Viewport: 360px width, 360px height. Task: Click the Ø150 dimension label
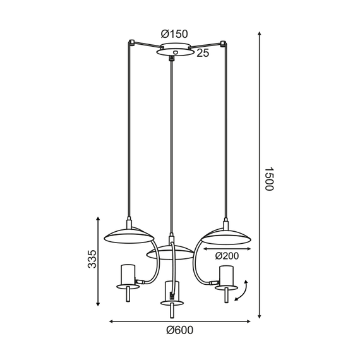(x=174, y=33)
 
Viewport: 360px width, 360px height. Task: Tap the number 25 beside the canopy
(x=203, y=54)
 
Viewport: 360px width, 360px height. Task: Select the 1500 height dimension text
(x=268, y=179)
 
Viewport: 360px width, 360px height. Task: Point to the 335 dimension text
(x=92, y=259)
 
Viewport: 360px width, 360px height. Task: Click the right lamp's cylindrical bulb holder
(x=226, y=275)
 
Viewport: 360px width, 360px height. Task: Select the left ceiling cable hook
(x=131, y=43)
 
